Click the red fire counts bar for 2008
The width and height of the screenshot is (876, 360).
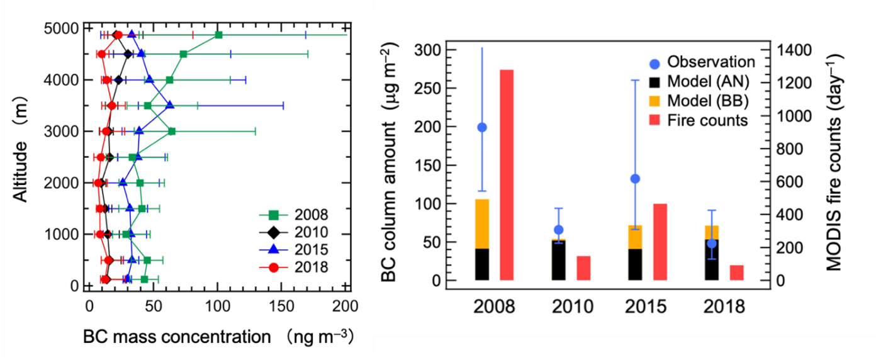(x=507, y=175)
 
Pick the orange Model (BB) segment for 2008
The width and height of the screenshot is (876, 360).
(x=482, y=223)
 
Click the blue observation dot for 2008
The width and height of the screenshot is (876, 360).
(x=482, y=127)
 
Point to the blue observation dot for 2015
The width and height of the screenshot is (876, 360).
(x=635, y=179)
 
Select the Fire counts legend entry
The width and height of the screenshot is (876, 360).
(x=698, y=120)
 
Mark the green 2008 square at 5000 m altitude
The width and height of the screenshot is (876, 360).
(x=218, y=35)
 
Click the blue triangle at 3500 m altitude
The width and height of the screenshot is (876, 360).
(x=169, y=105)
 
